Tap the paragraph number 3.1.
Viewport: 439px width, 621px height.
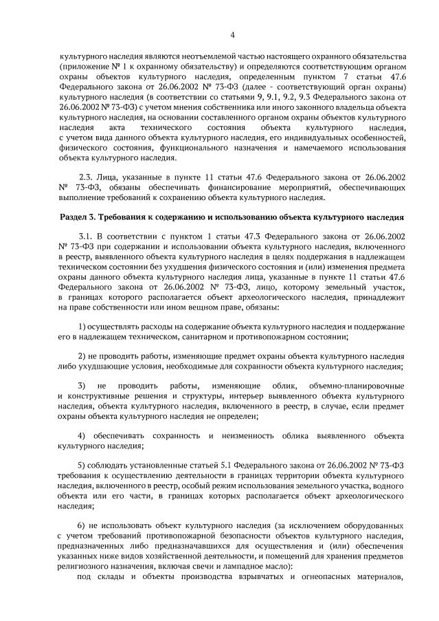[88, 236]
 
